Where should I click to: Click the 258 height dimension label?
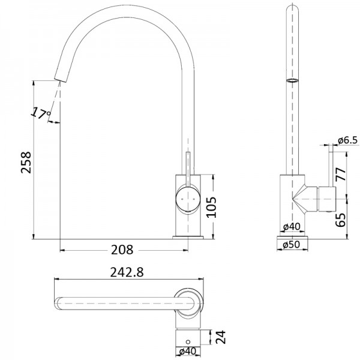click(x=26, y=162)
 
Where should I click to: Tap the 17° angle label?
click(x=40, y=113)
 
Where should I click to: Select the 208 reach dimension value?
click(x=122, y=250)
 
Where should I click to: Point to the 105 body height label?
click(x=211, y=207)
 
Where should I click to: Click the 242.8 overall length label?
click(x=127, y=272)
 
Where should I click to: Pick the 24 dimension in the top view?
click(x=221, y=337)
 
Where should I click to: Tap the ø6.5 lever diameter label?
click(x=348, y=140)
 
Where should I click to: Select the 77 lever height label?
click(x=340, y=175)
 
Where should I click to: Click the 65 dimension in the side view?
click(x=340, y=220)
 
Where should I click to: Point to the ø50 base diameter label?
click(x=292, y=245)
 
